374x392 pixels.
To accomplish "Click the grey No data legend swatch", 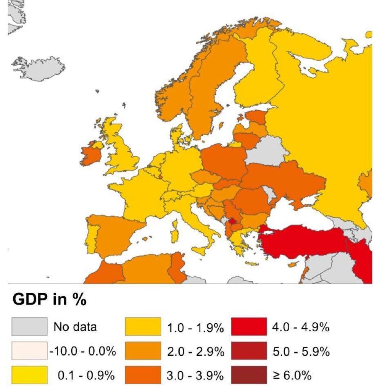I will click(x=29, y=327).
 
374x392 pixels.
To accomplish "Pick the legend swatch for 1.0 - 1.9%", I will click(x=143, y=327).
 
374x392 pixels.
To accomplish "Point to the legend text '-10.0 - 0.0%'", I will click(x=83, y=351).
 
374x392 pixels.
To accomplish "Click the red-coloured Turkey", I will click(x=301, y=240).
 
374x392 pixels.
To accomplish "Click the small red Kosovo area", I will click(x=231, y=222).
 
